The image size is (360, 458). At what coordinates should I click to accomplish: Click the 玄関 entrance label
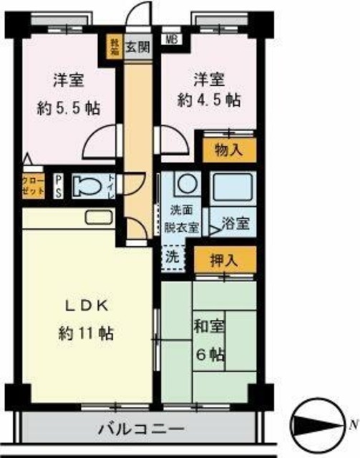click(x=137, y=49)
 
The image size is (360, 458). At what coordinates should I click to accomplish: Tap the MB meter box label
click(x=172, y=40)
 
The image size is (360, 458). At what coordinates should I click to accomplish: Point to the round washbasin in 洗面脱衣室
click(x=185, y=183)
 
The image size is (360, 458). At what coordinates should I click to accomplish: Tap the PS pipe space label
click(x=59, y=186)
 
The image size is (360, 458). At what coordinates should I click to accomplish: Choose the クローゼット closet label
click(x=33, y=186)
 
